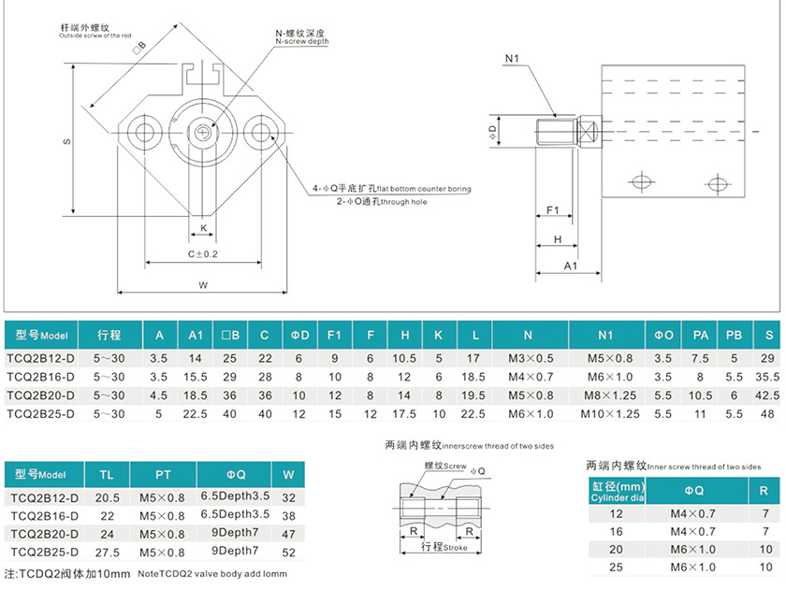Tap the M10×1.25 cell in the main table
click(x=609, y=412)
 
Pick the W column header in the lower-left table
click(x=288, y=474)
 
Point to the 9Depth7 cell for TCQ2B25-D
click(x=235, y=552)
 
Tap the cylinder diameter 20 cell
click(x=616, y=549)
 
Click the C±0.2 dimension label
click(x=201, y=254)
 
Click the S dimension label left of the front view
click(x=66, y=142)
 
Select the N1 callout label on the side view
click(x=512, y=59)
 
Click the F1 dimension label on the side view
click(x=552, y=210)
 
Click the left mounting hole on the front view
click(x=145, y=129)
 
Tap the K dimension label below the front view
click(x=202, y=227)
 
